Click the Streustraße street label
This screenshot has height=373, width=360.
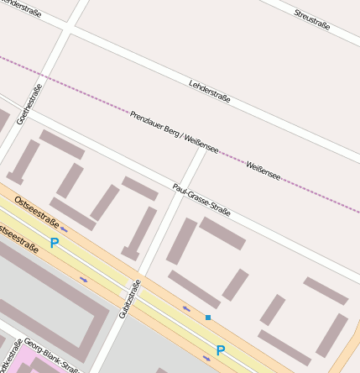[x=311, y=20]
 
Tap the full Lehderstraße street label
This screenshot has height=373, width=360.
[x=210, y=91]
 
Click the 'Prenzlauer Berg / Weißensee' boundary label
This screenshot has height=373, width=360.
[x=174, y=132]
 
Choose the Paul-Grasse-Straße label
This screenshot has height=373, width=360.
[x=201, y=199]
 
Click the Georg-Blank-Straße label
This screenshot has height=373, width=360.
[x=51, y=355]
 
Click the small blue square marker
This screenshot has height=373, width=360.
[x=208, y=318]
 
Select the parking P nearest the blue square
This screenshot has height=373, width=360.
[x=221, y=350]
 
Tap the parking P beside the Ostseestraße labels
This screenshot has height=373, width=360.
[x=55, y=244]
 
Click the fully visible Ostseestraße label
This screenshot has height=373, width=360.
[x=37, y=213]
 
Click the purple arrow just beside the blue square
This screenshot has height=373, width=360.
[x=186, y=309]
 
